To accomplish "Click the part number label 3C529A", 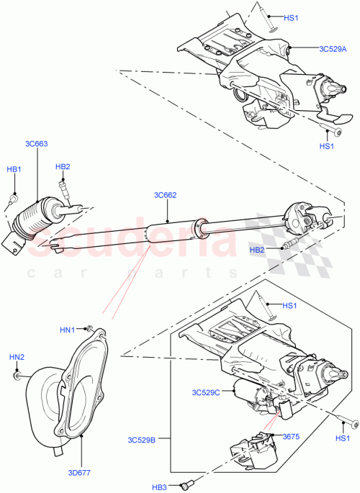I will [x=333, y=49].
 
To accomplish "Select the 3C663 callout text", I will [x=36, y=144].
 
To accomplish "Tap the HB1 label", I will [x=14, y=169].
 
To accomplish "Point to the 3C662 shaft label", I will [x=165, y=195].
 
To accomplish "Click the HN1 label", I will [x=67, y=330].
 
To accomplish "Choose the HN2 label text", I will [x=16, y=358].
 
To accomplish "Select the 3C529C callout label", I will [x=205, y=392].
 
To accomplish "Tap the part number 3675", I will [x=290, y=436].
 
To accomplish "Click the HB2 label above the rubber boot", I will [x=63, y=167].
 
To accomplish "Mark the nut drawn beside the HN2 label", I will [x=18, y=374].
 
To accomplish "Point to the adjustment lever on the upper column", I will [x=332, y=119].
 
